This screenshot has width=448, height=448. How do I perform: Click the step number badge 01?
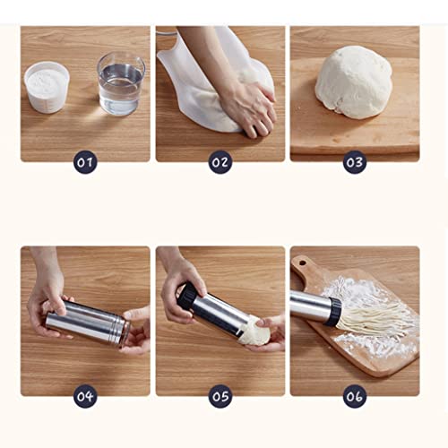[x=84, y=163]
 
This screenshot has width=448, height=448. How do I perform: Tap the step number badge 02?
[x=220, y=163]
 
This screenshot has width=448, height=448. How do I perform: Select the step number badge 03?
[x=354, y=163]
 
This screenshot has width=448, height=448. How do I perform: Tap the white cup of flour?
[x=47, y=86]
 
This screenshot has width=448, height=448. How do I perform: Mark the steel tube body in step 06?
[x=308, y=306]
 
